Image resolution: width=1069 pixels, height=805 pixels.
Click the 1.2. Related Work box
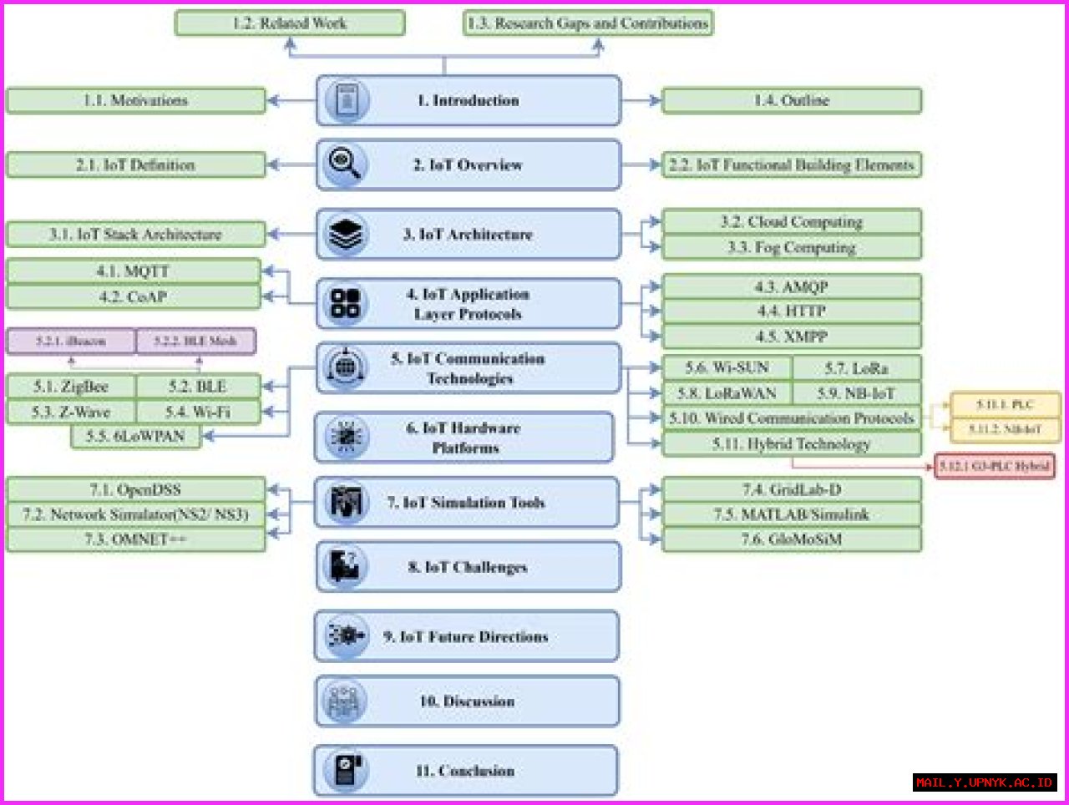290,23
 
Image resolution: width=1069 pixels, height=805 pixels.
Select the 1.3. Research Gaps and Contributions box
588,23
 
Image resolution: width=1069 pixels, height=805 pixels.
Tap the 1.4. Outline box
791,100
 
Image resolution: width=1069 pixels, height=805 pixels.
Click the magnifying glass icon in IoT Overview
344,164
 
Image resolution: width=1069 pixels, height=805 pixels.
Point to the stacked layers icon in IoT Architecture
345,234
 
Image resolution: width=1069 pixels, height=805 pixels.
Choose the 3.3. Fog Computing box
791,248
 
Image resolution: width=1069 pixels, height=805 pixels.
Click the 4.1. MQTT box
134,271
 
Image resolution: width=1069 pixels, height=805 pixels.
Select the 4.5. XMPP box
791,337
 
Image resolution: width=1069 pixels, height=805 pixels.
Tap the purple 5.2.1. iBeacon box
71,341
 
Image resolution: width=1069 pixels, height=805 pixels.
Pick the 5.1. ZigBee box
71,387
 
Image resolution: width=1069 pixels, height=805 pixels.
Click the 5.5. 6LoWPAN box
135,436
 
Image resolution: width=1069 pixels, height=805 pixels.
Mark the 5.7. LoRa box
856,368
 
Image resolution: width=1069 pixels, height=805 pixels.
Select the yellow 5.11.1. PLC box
1005,405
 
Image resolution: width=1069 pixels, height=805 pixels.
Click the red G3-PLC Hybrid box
994,466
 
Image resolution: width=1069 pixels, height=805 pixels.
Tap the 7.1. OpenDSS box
135,489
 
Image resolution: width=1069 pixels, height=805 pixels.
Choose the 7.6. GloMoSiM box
791,539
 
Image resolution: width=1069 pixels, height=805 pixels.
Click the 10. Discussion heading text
467,701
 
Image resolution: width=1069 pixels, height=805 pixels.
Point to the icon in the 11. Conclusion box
346,770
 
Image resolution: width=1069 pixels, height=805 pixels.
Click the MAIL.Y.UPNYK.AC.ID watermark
984,782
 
